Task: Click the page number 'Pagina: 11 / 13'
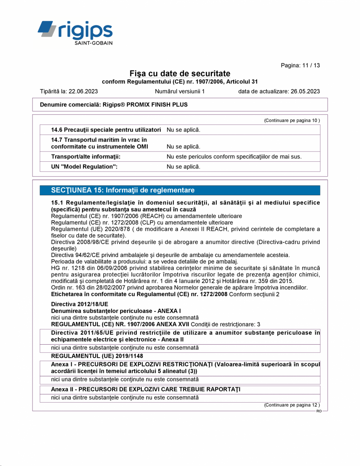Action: click(300, 65)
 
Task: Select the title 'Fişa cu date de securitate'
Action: click(180, 74)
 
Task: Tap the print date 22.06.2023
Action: click(83, 92)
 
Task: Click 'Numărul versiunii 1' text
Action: click(180, 92)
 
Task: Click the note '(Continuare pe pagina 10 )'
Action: click(292, 121)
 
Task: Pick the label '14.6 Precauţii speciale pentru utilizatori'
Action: click(106, 130)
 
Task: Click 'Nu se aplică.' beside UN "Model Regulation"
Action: click(183, 167)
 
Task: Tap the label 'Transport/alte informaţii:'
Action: click(85, 157)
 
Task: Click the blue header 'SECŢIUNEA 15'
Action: click(123, 190)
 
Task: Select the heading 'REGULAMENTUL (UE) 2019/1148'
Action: click(97, 356)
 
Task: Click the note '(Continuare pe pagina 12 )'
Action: click(292, 405)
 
